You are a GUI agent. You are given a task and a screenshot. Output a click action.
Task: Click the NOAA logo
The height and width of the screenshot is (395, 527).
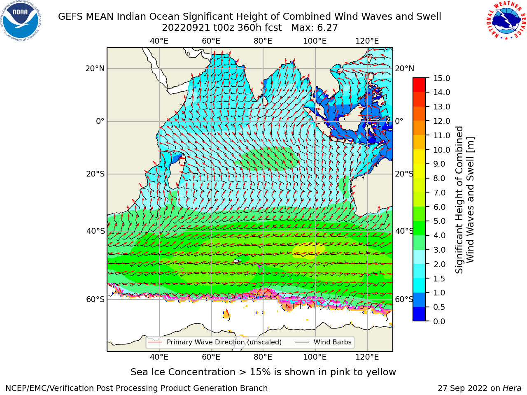[21, 21]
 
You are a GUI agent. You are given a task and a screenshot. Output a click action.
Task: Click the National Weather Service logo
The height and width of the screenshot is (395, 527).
[506, 21]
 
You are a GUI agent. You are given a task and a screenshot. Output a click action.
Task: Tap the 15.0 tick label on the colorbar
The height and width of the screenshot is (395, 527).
[441, 78]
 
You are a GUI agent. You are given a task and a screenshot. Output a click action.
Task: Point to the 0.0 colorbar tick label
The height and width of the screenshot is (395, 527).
[439, 321]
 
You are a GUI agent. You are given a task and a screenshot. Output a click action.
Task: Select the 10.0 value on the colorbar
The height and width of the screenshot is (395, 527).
[441, 150]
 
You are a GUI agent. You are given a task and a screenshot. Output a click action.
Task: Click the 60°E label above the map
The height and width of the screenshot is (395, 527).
[211, 41]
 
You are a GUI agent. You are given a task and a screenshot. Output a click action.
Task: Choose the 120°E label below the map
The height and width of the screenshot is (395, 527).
[367, 357]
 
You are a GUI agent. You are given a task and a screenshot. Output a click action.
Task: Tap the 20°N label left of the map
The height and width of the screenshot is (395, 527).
[95, 69]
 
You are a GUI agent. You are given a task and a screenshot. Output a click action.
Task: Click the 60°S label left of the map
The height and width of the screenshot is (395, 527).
[96, 299]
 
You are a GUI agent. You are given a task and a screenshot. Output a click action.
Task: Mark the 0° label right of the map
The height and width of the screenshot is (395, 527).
[399, 121]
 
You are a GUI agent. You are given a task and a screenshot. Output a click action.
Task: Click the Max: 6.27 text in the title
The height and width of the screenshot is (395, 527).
[314, 28]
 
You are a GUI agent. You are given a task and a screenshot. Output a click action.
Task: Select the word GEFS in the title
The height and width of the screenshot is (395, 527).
[70, 17]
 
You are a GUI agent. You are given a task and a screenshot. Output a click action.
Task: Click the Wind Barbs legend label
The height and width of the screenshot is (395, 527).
[333, 342]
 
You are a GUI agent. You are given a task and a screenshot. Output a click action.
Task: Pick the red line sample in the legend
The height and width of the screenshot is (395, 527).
[155, 342]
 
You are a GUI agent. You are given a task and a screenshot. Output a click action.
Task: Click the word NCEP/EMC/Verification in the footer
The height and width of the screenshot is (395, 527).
[50, 388]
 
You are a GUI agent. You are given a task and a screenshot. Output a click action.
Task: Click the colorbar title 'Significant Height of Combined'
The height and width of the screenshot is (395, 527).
[459, 200]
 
